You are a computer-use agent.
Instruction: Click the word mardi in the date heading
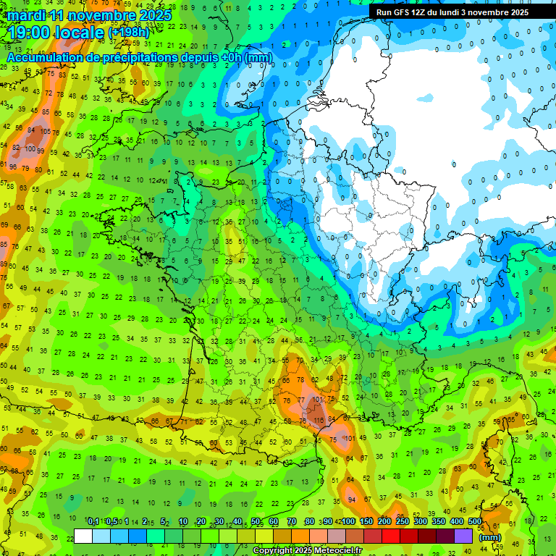tap(27, 15)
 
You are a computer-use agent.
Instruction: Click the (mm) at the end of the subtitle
tap(258, 57)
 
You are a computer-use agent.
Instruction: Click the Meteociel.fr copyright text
tap(308, 551)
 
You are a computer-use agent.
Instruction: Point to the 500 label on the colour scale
tap(475, 522)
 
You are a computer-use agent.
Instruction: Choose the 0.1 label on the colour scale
tap(93, 522)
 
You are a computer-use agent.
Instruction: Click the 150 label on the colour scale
tap(366, 522)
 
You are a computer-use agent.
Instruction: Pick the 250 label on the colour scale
tap(403, 522)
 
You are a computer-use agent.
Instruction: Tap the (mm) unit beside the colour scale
tap(491, 537)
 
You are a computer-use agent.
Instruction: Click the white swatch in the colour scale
tap(83, 536)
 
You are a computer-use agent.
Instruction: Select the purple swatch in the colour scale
tap(463, 536)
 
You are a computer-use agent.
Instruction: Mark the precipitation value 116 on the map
tap(319, 420)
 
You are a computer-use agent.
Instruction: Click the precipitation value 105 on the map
tap(46, 131)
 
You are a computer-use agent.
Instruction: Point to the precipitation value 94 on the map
tap(352, 500)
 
